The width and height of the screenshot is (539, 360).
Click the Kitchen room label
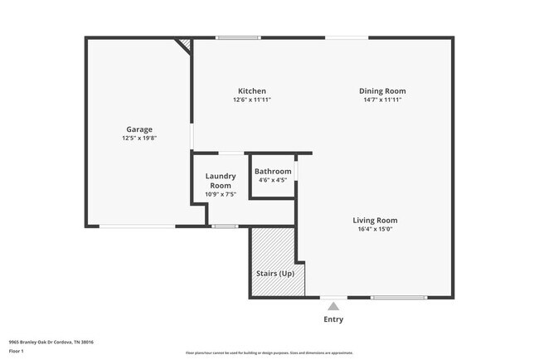click(251, 91)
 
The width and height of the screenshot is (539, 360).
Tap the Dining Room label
click(382, 91)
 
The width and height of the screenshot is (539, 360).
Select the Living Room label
click(375, 221)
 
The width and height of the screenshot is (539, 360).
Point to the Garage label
click(139, 129)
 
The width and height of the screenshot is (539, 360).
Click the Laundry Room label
click(221, 181)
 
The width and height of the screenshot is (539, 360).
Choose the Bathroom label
click(273, 172)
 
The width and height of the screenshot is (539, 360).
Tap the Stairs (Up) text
click(275, 274)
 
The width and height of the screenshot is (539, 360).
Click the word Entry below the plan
click(333, 319)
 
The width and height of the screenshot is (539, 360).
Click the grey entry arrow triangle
click(333, 306)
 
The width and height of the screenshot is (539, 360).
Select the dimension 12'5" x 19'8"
click(139, 139)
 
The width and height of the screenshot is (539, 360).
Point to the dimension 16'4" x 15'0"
click(375, 230)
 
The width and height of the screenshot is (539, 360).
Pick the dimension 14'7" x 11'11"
click(382, 100)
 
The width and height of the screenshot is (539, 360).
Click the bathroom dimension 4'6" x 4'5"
click(273, 180)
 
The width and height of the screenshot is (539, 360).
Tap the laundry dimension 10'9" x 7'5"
click(221, 195)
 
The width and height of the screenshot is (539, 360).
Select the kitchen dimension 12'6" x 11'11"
click(251, 100)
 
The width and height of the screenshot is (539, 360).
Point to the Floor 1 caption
click(17, 351)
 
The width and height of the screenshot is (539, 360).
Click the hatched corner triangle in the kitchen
click(187, 43)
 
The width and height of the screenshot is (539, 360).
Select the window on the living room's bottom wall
click(399, 297)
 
